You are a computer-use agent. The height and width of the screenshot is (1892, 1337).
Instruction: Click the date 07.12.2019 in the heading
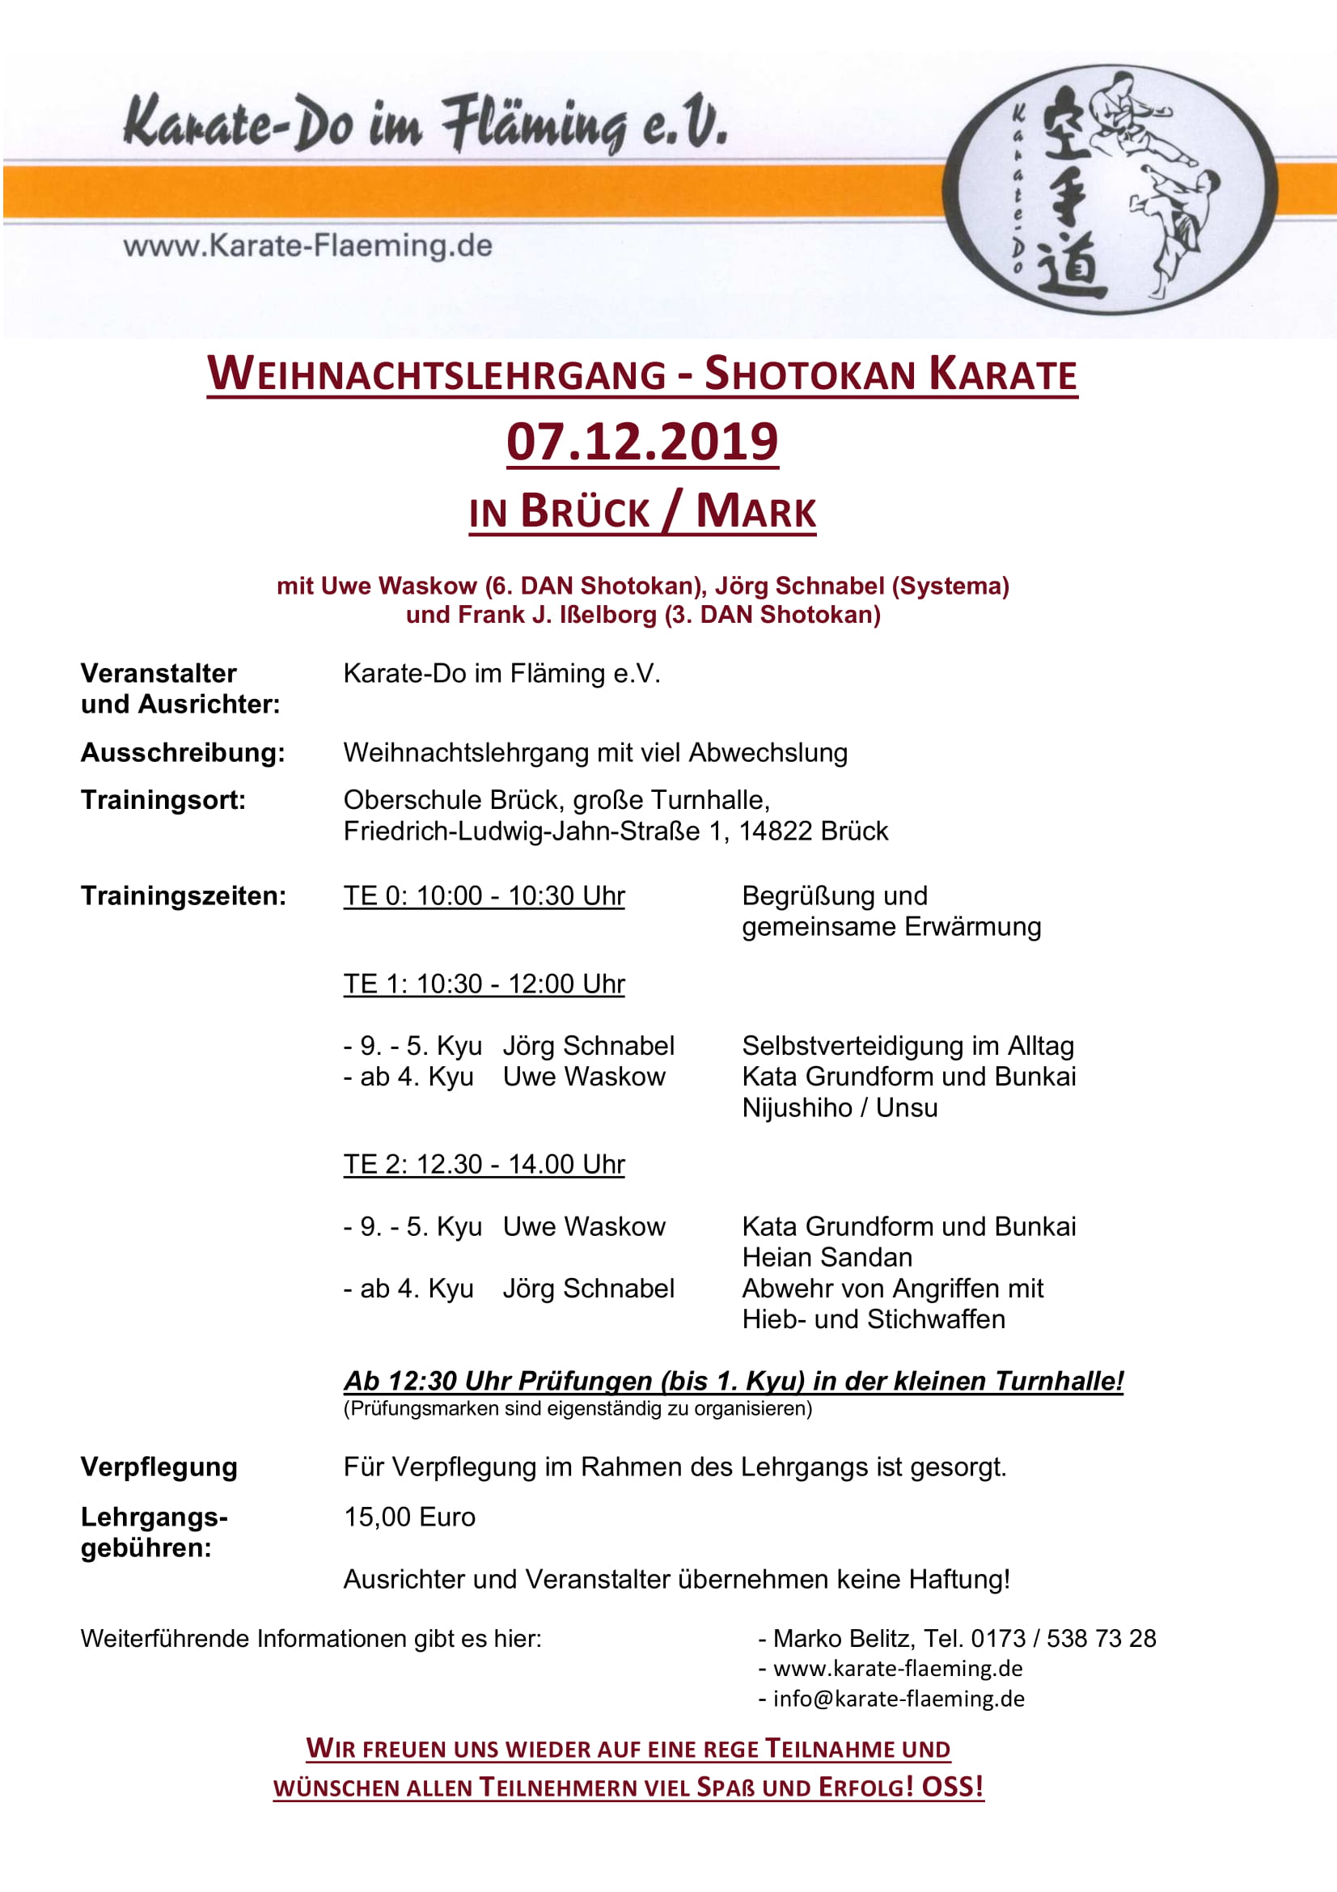[x=641, y=442]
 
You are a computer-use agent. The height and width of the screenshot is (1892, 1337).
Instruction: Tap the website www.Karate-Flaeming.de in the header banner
[x=307, y=246]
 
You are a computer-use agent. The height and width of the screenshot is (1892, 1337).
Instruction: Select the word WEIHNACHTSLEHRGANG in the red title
[x=437, y=375]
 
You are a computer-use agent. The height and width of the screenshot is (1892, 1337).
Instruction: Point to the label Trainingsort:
[x=163, y=800]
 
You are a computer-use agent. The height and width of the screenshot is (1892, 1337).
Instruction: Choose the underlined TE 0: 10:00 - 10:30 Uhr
[x=484, y=895]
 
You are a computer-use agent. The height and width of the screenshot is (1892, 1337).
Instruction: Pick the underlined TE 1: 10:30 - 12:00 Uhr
[x=484, y=984]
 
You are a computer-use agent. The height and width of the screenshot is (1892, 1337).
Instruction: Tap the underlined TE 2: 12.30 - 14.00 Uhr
[x=484, y=1164]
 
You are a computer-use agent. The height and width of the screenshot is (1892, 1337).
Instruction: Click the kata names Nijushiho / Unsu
[x=840, y=1107]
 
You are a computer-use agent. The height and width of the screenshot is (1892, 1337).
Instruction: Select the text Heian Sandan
[x=827, y=1258]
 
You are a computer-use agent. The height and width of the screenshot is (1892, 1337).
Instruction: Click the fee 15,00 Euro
[x=409, y=1517]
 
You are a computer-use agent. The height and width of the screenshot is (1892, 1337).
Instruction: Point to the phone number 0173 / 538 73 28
[x=1064, y=1638]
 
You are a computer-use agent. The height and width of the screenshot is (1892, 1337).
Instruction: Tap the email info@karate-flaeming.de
[x=898, y=1699]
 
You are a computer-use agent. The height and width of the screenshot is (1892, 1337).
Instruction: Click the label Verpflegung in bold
[x=159, y=1467]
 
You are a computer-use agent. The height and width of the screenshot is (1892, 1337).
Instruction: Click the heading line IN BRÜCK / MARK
[x=641, y=512]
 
